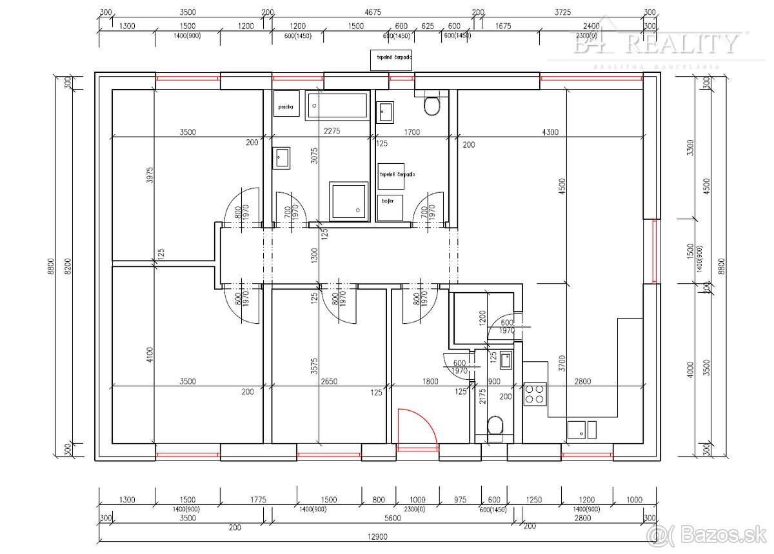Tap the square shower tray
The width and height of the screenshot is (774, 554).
click(x=349, y=201)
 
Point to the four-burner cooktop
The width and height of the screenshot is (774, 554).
click(x=535, y=393)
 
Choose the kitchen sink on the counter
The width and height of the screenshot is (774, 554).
click(x=582, y=429)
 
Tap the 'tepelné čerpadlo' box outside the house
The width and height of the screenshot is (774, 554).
click(x=390, y=58)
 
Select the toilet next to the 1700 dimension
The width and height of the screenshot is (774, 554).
click(x=432, y=105)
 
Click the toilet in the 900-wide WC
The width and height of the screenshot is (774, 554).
click(x=495, y=426)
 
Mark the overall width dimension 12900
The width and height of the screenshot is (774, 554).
click(x=377, y=537)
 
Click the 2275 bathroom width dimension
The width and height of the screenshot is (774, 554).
click(x=332, y=132)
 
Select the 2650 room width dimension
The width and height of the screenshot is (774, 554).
click(x=328, y=382)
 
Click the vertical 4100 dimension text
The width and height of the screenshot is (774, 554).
click(x=149, y=355)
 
